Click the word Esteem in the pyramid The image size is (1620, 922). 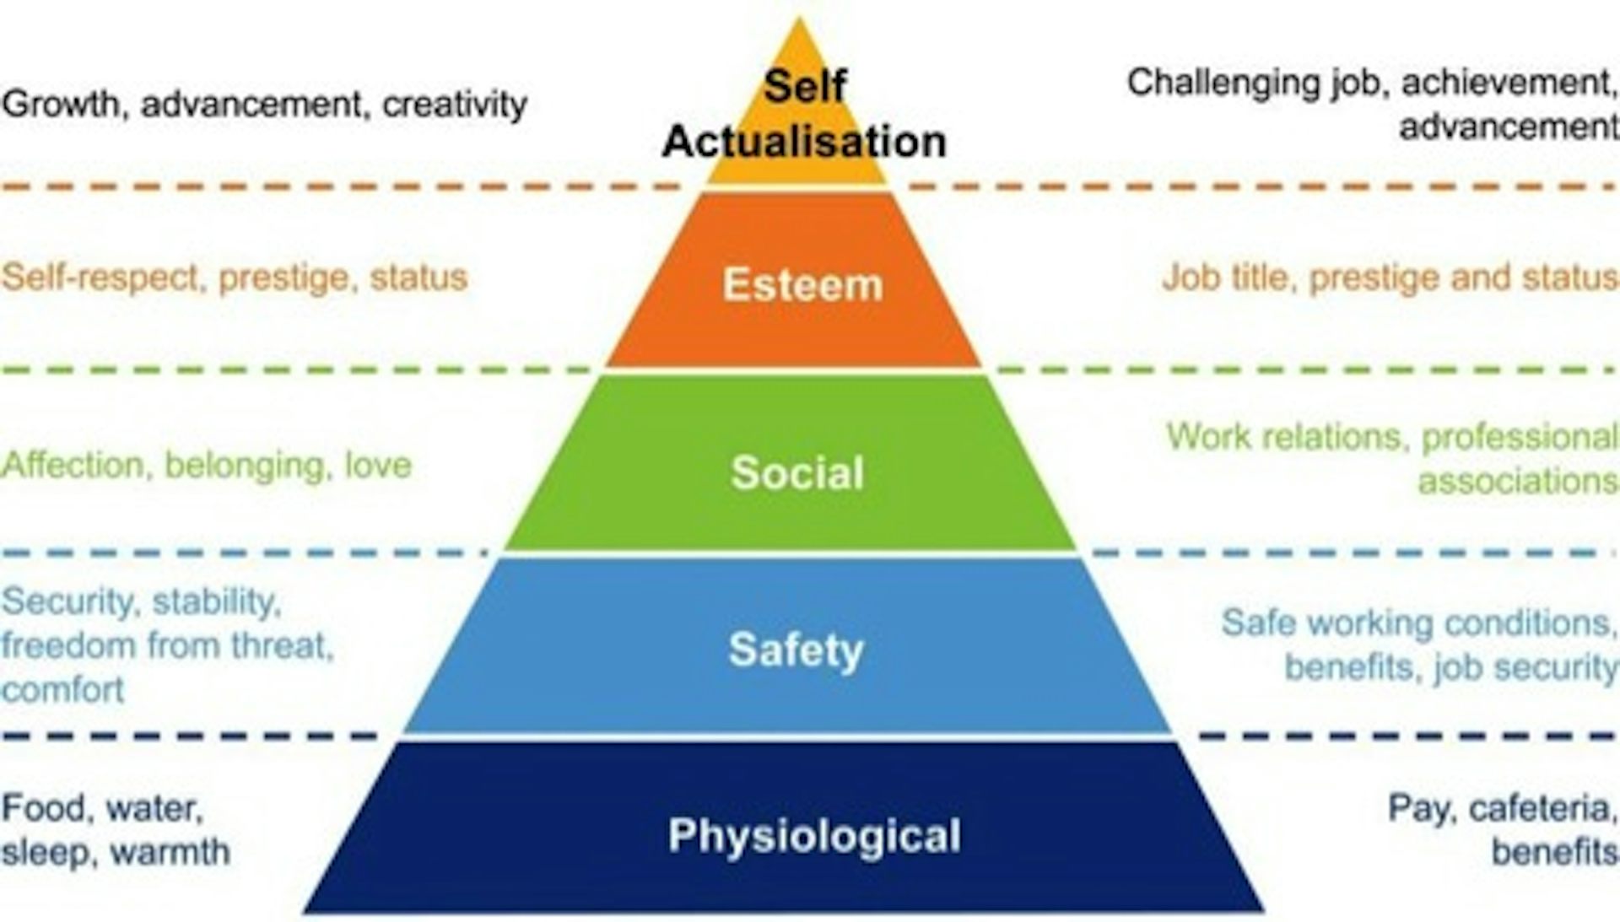click(x=802, y=284)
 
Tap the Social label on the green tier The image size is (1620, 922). click(x=797, y=472)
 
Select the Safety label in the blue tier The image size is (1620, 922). click(x=796, y=650)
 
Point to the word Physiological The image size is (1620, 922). click(x=814, y=836)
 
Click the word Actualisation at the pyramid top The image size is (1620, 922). click(x=804, y=141)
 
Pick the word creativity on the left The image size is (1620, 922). click(x=455, y=105)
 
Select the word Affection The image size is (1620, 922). click(x=73, y=465)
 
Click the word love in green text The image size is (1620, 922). click(x=378, y=465)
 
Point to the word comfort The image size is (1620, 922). click(x=63, y=690)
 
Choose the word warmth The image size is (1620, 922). click(x=170, y=852)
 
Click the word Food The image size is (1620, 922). click(x=45, y=808)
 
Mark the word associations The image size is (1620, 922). click(x=1517, y=481)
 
